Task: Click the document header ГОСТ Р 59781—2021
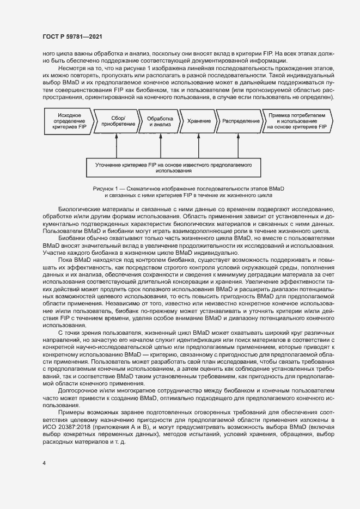(72, 36)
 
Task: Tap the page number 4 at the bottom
(44, 463)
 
